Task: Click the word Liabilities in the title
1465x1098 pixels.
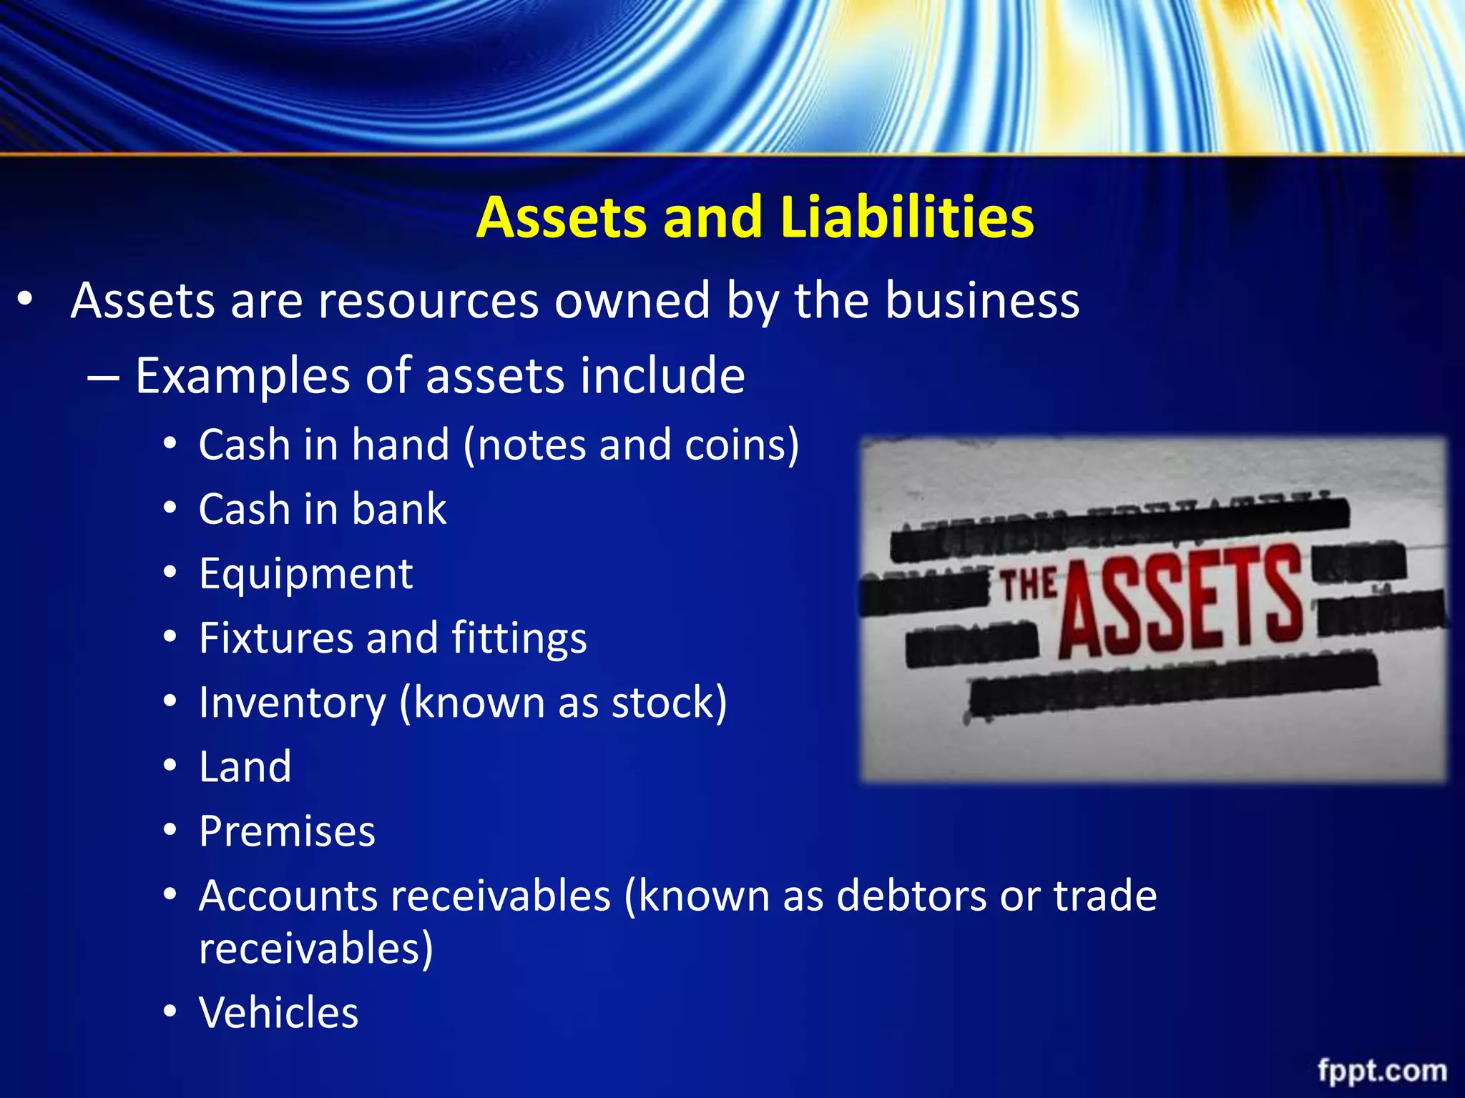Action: [x=907, y=217]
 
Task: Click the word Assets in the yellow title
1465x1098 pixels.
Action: [x=560, y=217]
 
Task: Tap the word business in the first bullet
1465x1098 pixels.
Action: [x=982, y=300]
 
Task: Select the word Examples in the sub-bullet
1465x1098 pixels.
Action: [x=242, y=377]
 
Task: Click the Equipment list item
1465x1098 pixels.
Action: [x=305, y=573]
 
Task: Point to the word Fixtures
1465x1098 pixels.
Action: [x=276, y=638]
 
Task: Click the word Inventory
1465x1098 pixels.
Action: [x=292, y=703]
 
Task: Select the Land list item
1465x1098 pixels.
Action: [x=245, y=766]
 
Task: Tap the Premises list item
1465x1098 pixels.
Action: [x=287, y=831]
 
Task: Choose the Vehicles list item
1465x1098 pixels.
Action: [x=278, y=1012]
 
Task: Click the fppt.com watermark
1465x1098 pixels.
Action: [x=1382, y=1071]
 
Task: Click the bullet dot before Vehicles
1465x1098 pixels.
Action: [x=170, y=1012]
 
